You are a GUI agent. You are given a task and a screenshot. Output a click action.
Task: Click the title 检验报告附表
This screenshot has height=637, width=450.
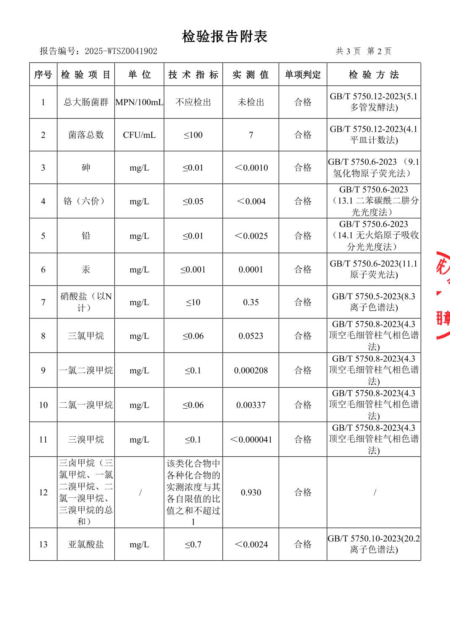click(x=225, y=37)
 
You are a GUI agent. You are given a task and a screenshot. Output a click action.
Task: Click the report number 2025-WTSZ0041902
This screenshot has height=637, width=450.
click(x=121, y=51)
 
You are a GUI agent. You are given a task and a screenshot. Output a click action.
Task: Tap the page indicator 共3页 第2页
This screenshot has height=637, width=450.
click(x=364, y=51)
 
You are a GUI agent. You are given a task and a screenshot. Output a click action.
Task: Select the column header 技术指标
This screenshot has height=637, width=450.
click(x=193, y=75)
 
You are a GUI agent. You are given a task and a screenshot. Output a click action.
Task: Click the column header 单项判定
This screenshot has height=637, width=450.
click(x=303, y=75)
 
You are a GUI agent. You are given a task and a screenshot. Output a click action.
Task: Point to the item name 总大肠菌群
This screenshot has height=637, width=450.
click(x=86, y=102)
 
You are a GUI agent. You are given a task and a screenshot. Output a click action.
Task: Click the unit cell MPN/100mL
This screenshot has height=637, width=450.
click(x=139, y=102)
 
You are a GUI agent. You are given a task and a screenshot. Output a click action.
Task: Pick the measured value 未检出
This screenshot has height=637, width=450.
click(x=251, y=102)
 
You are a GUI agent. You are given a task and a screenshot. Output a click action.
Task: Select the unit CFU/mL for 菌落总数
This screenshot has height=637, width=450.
click(x=139, y=135)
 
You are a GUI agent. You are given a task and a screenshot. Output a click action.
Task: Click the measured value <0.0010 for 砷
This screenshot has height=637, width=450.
click(x=251, y=168)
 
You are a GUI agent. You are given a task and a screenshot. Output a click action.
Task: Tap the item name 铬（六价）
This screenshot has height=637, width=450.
click(x=86, y=201)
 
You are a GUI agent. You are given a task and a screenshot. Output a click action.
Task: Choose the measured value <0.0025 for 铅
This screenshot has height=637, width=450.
click(x=251, y=236)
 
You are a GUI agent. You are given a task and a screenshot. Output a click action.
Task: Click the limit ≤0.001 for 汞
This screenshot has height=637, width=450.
click(x=193, y=269)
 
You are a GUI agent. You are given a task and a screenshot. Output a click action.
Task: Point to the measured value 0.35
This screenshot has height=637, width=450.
click(x=251, y=302)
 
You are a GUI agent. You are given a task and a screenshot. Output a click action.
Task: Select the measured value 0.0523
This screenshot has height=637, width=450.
click(x=251, y=336)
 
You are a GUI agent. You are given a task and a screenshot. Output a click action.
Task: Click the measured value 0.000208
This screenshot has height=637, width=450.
click(x=251, y=370)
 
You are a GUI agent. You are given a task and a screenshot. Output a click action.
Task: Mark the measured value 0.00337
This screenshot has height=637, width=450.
click(x=251, y=405)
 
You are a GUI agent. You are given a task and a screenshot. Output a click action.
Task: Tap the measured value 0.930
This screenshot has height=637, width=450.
click(x=251, y=492)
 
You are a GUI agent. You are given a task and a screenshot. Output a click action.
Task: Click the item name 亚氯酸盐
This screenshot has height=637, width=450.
click(x=86, y=544)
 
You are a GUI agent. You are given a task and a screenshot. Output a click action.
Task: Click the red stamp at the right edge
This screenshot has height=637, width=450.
click(x=443, y=295)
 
